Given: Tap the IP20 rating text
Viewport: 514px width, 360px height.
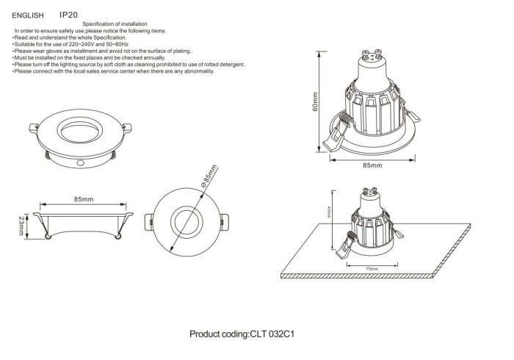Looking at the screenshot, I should pos(68,14).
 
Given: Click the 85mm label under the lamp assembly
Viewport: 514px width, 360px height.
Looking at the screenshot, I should pos(373,166).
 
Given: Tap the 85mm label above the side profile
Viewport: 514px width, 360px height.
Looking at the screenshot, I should pos(84,199).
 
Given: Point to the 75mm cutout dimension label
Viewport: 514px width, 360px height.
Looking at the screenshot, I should pos(372,270).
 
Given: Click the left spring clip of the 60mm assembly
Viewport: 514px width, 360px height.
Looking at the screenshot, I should pos(331,140).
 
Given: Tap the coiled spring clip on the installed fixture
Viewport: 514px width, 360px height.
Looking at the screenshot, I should pos(351,238).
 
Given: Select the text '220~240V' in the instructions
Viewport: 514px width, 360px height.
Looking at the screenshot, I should pos(76,45).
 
